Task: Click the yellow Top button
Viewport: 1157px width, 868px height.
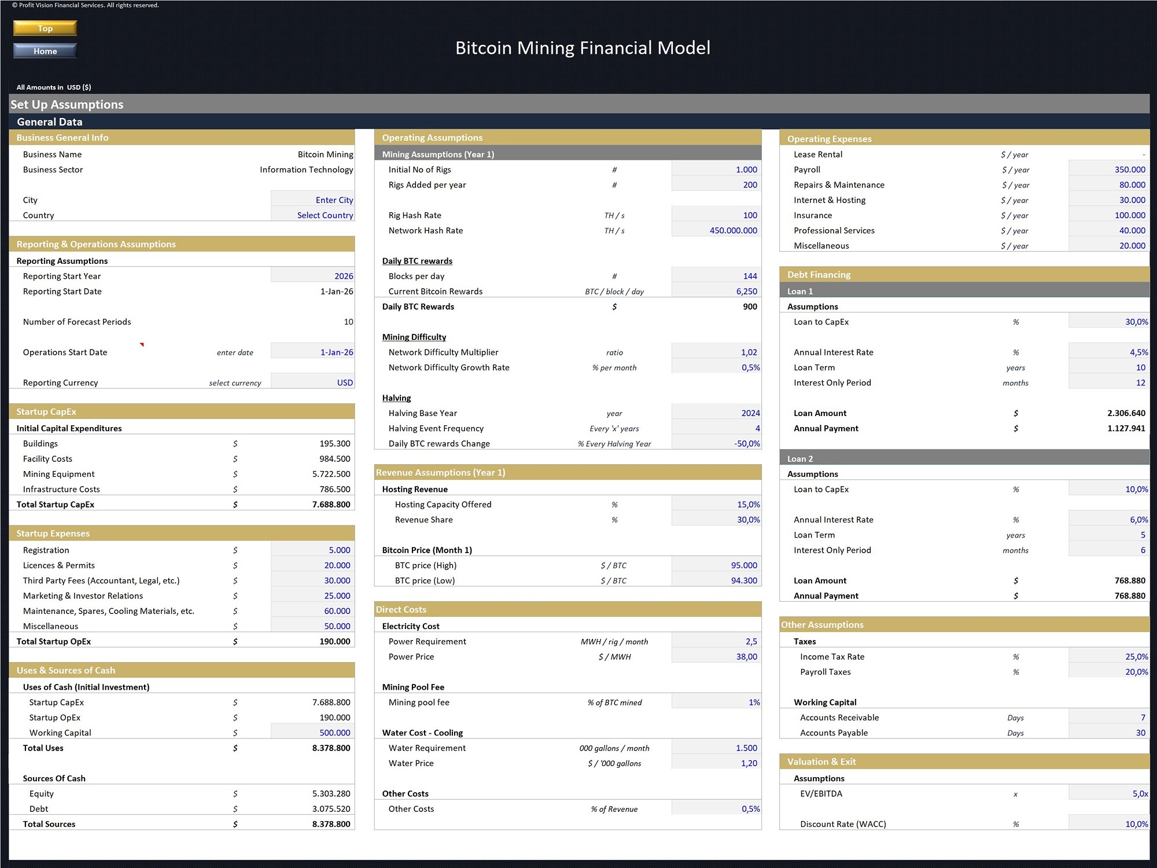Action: click(x=45, y=28)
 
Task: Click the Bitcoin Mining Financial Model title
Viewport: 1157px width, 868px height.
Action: click(x=583, y=48)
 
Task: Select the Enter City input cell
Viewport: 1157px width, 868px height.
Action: click(x=313, y=200)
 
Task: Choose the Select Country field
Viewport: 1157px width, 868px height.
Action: click(x=313, y=215)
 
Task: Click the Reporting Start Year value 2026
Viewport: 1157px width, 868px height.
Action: click(x=313, y=276)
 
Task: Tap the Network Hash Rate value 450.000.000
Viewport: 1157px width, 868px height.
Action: click(x=716, y=230)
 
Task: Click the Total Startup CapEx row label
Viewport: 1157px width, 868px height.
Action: click(x=56, y=505)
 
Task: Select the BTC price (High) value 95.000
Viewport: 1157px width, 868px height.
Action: click(x=716, y=565)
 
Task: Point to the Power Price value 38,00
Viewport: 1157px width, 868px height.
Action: click(x=716, y=657)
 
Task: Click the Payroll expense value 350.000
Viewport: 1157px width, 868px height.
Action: click(x=1109, y=170)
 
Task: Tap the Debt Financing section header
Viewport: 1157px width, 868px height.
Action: click(x=819, y=275)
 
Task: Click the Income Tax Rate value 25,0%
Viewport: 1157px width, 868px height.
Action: click(x=1109, y=657)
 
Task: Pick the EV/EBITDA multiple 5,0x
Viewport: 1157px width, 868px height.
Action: click(x=1109, y=794)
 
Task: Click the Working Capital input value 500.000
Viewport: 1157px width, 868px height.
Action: click(x=313, y=733)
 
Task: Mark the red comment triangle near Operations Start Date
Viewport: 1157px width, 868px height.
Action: click(x=142, y=344)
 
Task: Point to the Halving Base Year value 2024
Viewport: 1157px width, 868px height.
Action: click(x=716, y=413)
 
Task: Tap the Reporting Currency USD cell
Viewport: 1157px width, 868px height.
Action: click(x=313, y=382)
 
